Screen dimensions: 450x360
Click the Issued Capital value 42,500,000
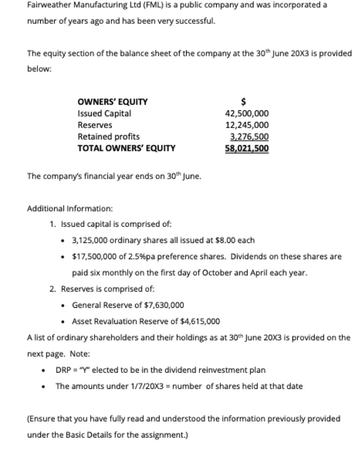pos(247,113)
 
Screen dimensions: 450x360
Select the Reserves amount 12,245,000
pos(247,125)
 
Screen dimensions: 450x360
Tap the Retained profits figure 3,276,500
pos(249,137)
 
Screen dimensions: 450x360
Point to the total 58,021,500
pos(247,149)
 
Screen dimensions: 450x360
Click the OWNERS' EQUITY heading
pos(113,102)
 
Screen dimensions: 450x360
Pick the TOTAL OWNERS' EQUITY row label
pos(126,148)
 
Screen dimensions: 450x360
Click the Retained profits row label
pos(109,136)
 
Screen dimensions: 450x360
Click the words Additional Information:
pos(70,209)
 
